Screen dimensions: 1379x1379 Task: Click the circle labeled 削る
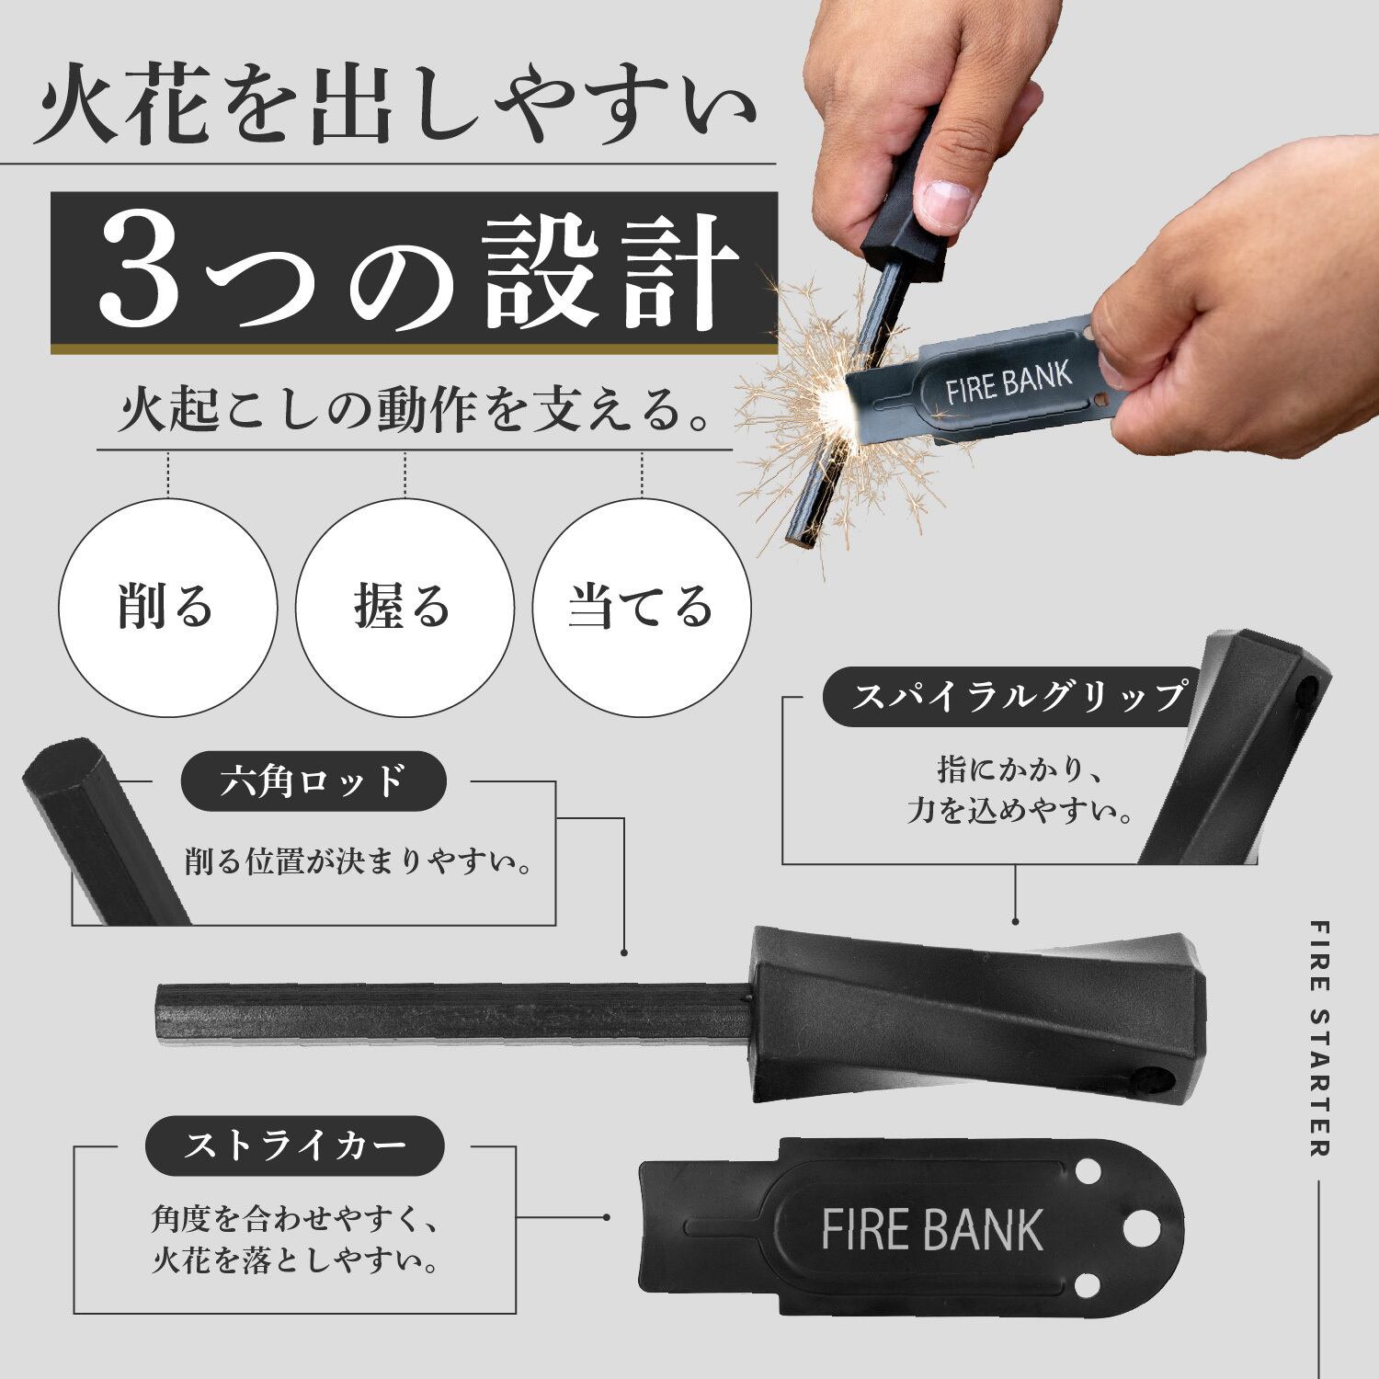click(168, 608)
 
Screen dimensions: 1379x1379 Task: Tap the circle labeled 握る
click(404, 608)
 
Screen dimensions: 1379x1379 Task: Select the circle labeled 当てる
click(642, 608)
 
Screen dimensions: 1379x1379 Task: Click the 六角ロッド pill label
click(313, 781)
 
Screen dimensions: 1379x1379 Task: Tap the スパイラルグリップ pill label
click(1016, 697)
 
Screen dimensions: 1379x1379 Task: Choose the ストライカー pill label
click(295, 1145)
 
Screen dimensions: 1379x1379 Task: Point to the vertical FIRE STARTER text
click(1319, 1039)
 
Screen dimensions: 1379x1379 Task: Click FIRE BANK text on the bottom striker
click(932, 1230)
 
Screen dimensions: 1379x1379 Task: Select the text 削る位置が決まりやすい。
click(359, 862)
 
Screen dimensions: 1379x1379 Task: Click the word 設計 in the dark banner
click(613, 274)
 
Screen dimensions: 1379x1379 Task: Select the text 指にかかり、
click(1019, 769)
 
